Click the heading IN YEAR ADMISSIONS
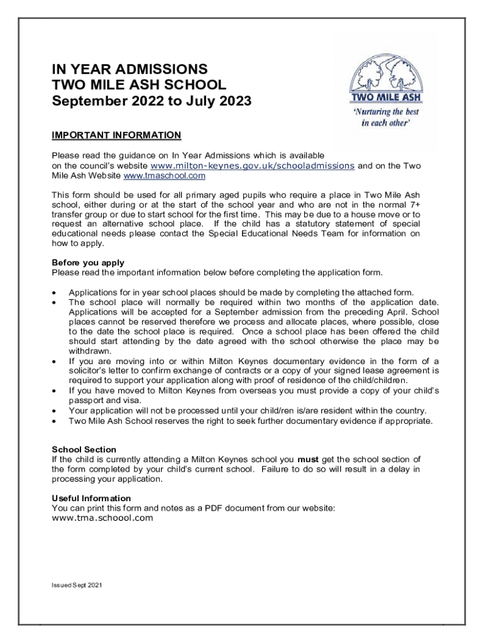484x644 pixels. pyautogui.click(x=129, y=69)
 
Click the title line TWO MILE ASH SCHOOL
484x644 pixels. pyautogui.click(x=138, y=85)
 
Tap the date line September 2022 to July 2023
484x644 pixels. pyautogui.click(x=151, y=101)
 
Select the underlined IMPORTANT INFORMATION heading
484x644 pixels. pyautogui.click(x=116, y=135)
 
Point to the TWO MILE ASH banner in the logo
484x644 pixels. pyautogui.click(x=385, y=97)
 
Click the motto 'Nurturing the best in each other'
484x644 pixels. pyautogui.click(x=385, y=118)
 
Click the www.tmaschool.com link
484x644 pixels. pyautogui.click(x=165, y=175)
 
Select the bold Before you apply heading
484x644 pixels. pyautogui.click(x=88, y=263)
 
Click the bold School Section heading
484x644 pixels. pyautogui.click(x=84, y=450)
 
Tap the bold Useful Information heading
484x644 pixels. pyautogui.click(x=91, y=498)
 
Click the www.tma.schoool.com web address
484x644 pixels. pyautogui.click(x=102, y=518)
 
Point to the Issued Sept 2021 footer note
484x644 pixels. pyautogui.click(x=77, y=586)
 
